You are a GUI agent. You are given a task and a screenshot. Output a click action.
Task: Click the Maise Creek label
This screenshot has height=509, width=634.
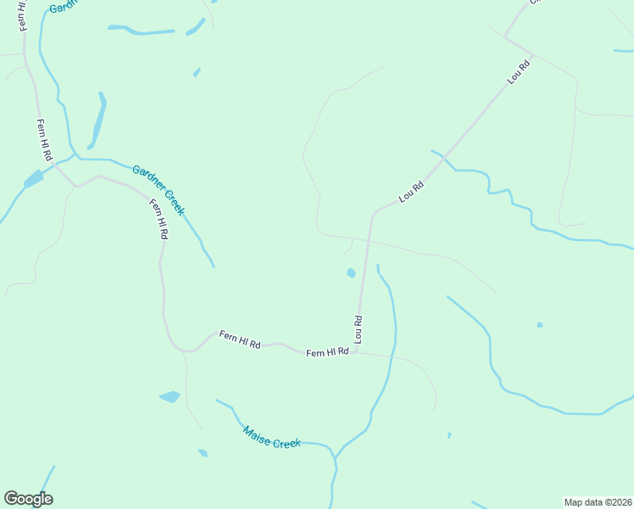[x=272, y=437]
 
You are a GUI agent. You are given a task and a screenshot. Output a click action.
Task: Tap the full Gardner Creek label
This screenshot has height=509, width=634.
[x=158, y=190]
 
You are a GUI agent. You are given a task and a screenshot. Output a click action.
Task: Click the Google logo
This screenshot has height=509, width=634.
[x=29, y=499]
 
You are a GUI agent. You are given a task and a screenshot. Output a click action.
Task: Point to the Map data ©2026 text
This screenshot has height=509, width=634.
[x=598, y=502]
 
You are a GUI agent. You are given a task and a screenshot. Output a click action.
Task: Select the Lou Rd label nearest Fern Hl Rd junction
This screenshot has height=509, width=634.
[x=359, y=329]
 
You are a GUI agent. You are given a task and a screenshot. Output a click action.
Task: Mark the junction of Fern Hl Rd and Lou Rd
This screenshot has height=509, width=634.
[x=356, y=350]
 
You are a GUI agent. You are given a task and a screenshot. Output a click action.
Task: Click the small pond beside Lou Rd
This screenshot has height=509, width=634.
[x=351, y=273]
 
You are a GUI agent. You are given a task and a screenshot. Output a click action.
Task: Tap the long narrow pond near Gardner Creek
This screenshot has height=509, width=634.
[x=98, y=120]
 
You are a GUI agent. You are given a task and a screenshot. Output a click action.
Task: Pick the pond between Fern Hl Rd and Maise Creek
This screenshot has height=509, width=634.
[x=170, y=396]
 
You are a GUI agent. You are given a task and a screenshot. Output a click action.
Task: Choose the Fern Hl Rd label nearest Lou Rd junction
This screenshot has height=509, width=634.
[x=327, y=352]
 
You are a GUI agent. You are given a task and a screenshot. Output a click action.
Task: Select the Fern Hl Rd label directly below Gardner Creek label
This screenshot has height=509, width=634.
[x=159, y=218]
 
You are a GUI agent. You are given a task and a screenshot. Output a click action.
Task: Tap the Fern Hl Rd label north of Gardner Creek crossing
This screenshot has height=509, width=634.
[x=44, y=140]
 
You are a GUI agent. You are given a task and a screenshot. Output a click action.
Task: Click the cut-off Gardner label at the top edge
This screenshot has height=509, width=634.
[x=63, y=6]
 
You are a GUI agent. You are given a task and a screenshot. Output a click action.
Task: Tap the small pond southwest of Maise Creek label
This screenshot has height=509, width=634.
[x=203, y=453]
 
